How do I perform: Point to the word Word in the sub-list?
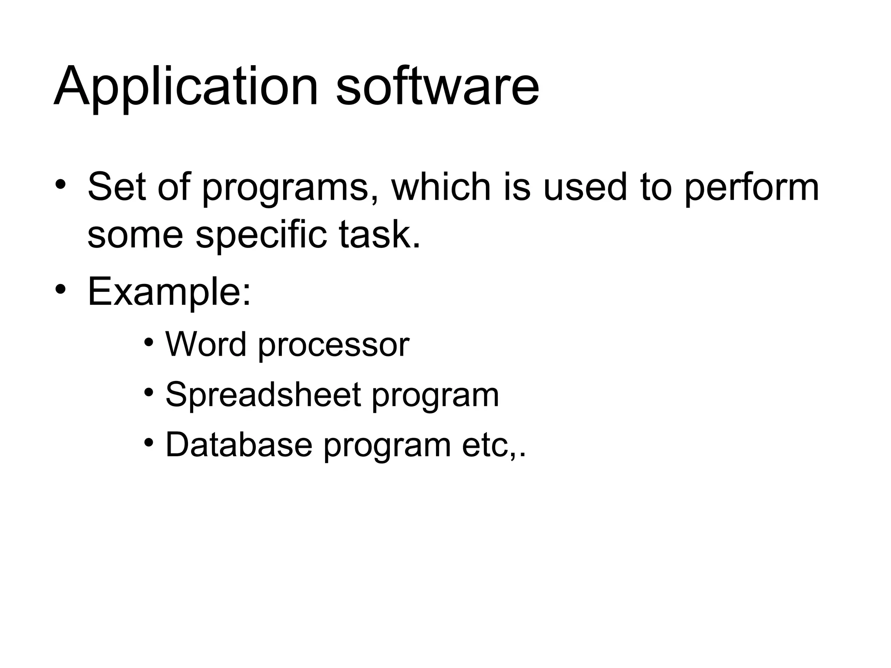[206, 344]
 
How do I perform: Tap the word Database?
[239, 445]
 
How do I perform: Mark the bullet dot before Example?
[60, 290]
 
